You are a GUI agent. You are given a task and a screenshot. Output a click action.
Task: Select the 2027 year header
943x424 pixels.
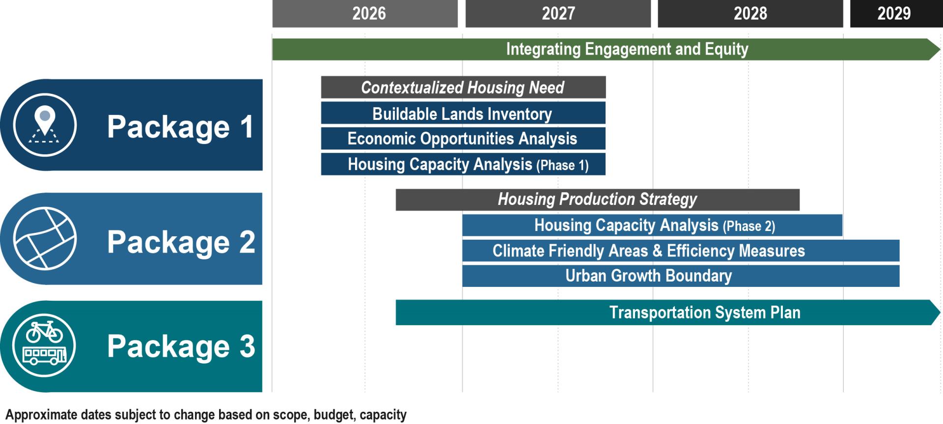(x=558, y=14)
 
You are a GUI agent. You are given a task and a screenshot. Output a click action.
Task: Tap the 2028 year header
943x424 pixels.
(x=750, y=14)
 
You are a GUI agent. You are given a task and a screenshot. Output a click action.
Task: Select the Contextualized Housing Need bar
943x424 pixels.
(x=463, y=87)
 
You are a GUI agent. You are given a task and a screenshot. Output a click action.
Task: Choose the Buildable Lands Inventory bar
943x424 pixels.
(x=463, y=113)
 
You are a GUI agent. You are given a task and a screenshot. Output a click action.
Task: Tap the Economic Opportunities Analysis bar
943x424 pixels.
(x=463, y=139)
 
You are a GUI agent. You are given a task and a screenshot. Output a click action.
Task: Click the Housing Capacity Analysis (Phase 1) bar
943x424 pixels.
(x=463, y=164)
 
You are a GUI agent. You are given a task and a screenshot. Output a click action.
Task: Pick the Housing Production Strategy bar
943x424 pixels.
(x=597, y=199)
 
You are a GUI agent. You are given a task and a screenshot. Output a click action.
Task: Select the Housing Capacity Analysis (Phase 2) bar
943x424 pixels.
(x=652, y=225)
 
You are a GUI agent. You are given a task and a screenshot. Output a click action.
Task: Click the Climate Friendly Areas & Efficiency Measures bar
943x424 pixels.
(x=680, y=251)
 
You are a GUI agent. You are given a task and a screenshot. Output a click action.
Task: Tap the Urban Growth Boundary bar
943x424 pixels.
(x=680, y=276)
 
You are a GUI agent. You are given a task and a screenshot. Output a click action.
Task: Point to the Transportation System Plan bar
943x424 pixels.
(x=666, y=312)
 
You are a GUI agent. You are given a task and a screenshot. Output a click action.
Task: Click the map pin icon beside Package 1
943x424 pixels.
(x=45, y=123)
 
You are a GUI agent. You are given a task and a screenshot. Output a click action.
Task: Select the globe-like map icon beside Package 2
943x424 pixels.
(x=45, y=238)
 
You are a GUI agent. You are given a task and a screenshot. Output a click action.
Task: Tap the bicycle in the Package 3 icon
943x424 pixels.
(x=44, y=333)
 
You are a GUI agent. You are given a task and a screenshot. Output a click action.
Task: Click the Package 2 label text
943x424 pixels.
(x=181, y=242)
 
